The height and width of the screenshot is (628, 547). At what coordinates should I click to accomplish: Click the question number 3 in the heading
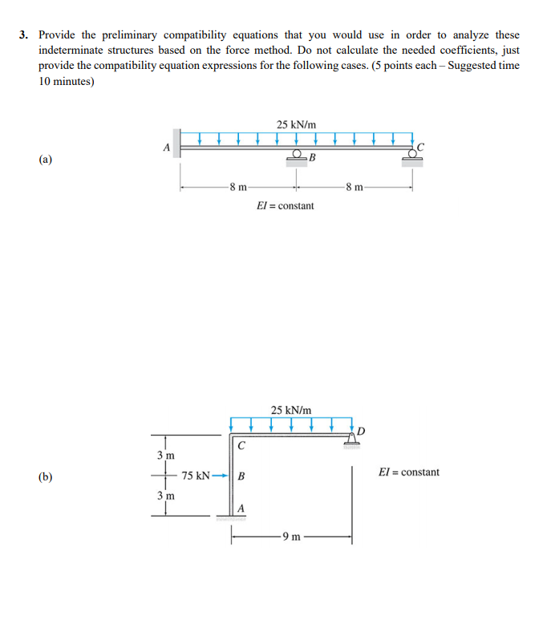pyautogui.click(x=24, y=35)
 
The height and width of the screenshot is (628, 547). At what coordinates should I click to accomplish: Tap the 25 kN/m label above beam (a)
pyautogui.click(x=296, y=124)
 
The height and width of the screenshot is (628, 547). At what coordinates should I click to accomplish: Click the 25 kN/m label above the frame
pyautogui.click(x=290, y=410)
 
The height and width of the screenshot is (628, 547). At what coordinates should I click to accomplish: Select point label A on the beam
pyautogui.click(x=167, y=147)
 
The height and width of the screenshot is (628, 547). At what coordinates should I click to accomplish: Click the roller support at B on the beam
pyautogui.click(x=298, y=157)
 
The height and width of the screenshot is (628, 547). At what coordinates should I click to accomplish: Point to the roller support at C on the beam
pyautogui.click(x=412, y=158)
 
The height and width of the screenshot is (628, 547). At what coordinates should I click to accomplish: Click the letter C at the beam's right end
pyautogui.click(x=420, y=147)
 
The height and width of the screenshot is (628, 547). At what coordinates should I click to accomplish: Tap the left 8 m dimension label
pyautogui.click(x=237, y=188)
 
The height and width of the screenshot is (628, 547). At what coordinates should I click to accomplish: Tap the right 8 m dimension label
pyautogui.click(x=354, y=188)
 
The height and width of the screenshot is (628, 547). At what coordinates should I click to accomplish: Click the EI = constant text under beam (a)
pyautogui.click(x=285, y=206)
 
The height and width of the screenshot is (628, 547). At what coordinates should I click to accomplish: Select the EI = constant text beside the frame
pyautogui.click(x=408, y=472)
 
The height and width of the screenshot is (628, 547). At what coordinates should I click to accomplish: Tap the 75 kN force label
pyautogui.click(x=196, y=476)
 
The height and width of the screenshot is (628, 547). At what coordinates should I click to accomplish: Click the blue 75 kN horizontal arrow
pyautogui.click(x=221, y=476)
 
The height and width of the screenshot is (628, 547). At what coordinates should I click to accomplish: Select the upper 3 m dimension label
pyautogui.click(x=164, y=455)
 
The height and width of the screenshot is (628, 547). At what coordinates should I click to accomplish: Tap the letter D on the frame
pyautogui.click(x=361, y=431)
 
